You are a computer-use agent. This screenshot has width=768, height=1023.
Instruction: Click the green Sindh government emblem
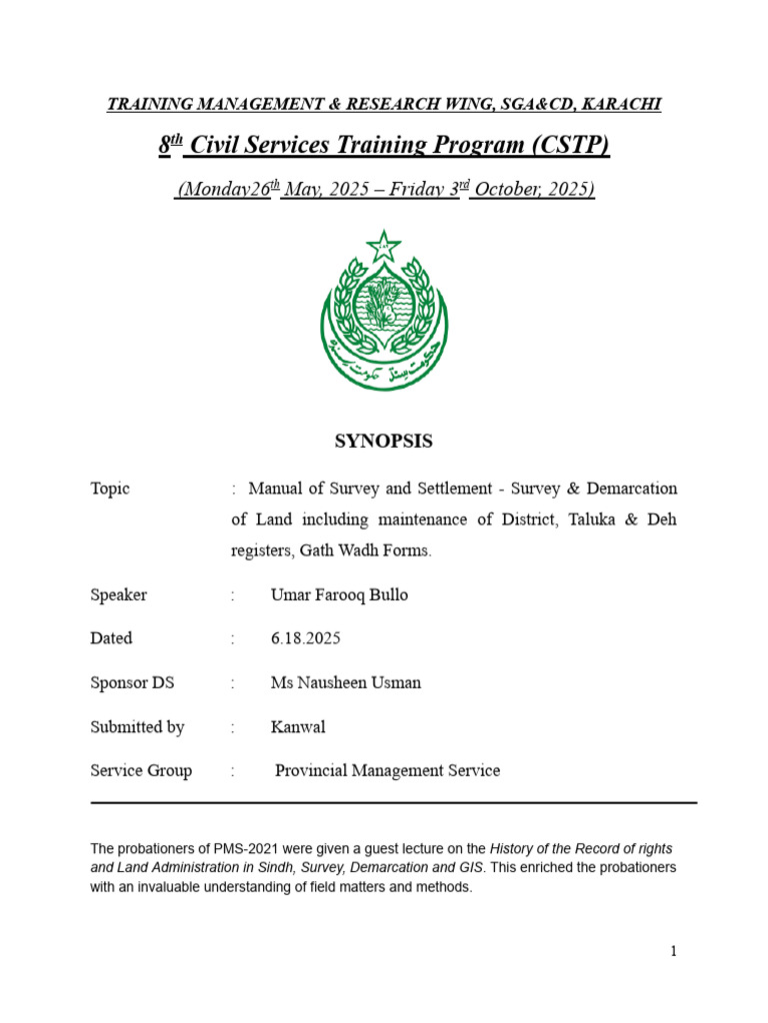tap(384, 312)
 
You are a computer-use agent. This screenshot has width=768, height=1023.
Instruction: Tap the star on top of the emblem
tap(383, 245)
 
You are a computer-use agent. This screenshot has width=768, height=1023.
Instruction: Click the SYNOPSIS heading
tap(384, 441)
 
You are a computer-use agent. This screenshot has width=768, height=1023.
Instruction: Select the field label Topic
tap(110, 489)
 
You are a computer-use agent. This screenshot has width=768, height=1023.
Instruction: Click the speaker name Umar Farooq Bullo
tap(339, 594)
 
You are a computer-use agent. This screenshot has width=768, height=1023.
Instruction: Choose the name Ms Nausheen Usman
tap(345, 683)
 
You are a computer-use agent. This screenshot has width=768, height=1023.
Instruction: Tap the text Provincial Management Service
tap(387, 771)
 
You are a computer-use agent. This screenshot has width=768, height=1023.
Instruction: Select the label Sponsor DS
tap(132, 683)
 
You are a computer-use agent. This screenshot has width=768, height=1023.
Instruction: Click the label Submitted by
tap(137, 727)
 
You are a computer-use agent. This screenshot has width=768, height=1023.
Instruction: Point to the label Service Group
tap(141, 771)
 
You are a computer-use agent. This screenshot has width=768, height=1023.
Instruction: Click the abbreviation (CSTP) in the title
tap(562, 146)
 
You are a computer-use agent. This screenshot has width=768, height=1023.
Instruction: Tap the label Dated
tap(111, 638)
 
